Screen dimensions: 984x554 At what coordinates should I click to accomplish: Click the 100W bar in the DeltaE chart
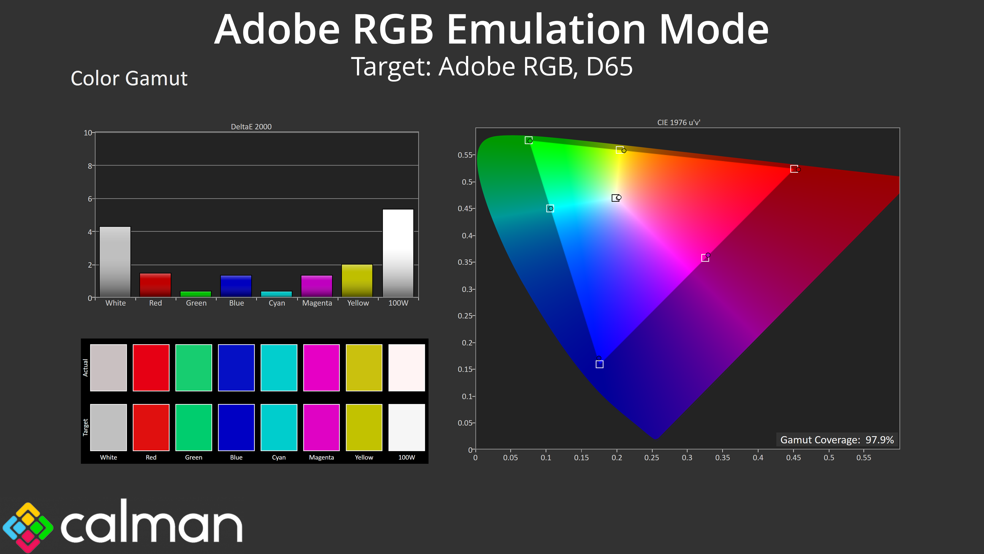[x=398, y=253]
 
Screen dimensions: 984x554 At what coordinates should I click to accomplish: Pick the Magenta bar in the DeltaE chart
[x=317, y=286]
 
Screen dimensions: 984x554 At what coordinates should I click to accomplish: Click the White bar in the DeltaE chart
[x=115, y=262]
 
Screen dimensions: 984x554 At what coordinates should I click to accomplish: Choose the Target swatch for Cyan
[x=279, y=428]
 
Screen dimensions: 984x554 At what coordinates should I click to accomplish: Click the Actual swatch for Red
[x=151, y=368]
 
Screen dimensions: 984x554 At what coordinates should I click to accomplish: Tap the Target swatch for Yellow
[x=364, y=428]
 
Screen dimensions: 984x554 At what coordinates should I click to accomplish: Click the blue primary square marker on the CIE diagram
[x=600, y=364]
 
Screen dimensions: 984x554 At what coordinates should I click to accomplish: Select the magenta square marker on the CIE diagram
[x=705, y=258]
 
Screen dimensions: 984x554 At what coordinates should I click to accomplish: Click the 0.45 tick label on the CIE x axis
[x=793, y=458]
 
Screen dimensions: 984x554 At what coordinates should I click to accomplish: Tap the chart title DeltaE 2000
[x=251, y=126]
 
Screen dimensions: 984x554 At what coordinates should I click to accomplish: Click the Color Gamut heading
[x=129, y=78]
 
